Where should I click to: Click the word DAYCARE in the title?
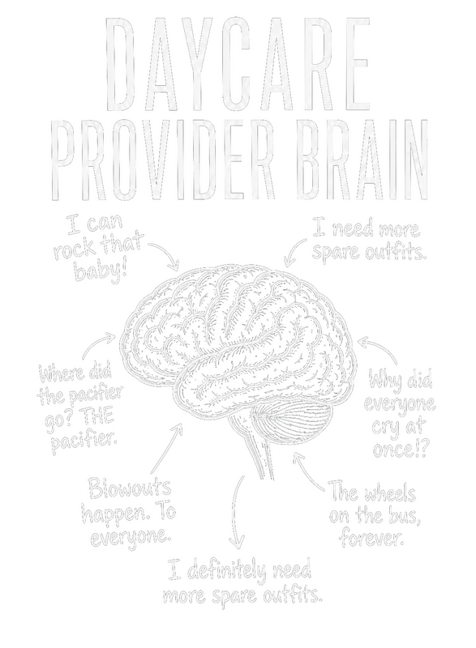tap(238, 63)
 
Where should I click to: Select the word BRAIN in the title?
tap(362, 160)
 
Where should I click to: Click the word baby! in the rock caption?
tap(101, 271)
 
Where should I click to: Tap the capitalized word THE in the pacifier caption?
tap(98, 418)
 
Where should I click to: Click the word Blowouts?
tap(130, 488)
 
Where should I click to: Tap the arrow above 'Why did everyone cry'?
tap(380, 347)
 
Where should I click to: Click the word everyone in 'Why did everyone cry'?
tap(400, 403)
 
